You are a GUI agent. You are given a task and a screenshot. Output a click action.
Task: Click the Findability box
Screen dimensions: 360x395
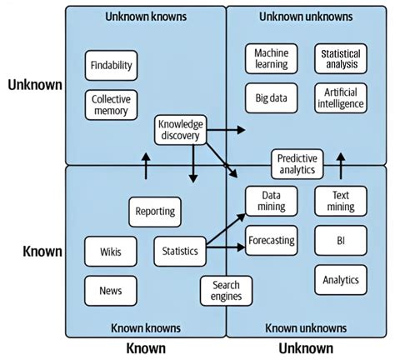click(111, 65)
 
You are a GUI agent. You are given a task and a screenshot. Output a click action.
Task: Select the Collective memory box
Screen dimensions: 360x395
click(111, 105)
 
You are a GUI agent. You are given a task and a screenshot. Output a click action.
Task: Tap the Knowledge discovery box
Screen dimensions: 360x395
click(180, 130)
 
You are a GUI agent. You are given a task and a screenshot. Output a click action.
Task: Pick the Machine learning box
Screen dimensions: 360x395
click(272, 58)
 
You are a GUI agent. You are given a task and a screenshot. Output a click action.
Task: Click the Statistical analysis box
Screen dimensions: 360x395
click(340, 58)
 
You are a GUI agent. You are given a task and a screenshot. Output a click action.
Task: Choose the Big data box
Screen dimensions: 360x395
click(272, 97)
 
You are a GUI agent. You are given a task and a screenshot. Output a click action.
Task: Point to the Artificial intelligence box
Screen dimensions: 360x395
click(340, 97)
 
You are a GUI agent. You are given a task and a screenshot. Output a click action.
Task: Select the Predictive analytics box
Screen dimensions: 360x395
click(297, 162)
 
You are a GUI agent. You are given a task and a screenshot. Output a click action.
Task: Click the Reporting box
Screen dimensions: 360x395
click(155, 212)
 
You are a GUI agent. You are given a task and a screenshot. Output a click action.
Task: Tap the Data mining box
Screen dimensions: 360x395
click(272, 201)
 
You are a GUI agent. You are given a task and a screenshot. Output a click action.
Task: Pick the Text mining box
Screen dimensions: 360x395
click(340, 201)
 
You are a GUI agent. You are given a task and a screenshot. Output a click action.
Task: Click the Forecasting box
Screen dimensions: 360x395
click(272, 241)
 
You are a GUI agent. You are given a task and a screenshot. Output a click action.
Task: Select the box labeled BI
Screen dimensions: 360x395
click(340, 241)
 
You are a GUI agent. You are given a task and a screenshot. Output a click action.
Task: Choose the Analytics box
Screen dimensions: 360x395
click(340, 280)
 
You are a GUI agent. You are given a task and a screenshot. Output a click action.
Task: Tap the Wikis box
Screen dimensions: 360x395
click(111, 250)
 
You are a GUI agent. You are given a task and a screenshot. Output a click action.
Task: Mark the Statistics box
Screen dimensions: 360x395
click(180, 250)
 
